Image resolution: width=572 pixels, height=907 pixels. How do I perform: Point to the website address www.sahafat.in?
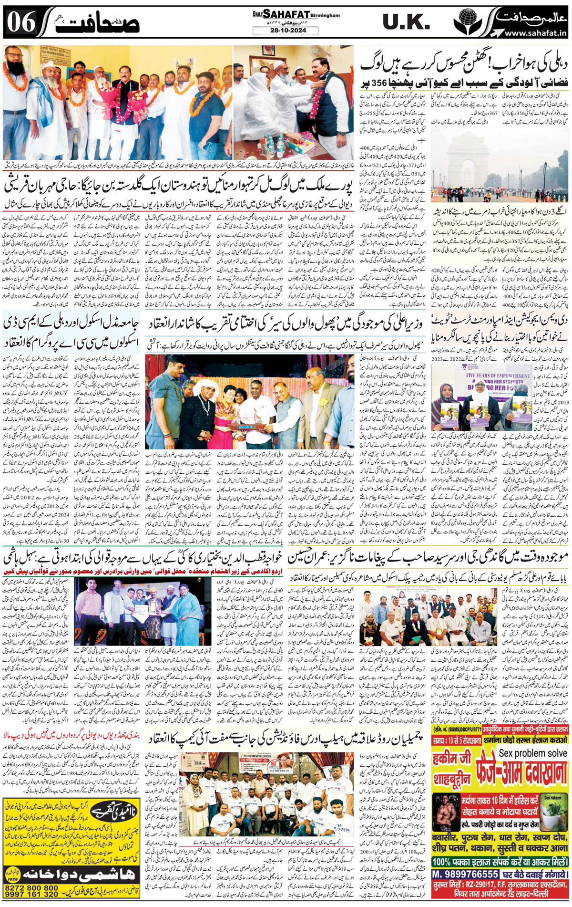pyautogui.click(x=535, y=33)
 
